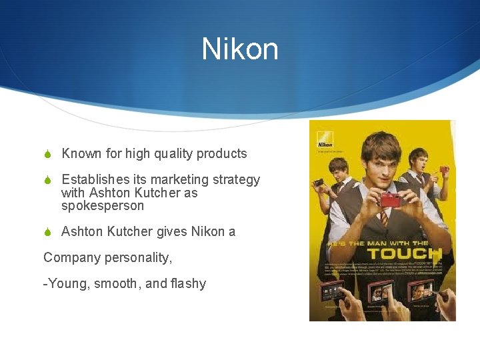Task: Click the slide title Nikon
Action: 240,49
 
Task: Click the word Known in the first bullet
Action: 81,153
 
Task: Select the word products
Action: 221,154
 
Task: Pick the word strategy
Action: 236,180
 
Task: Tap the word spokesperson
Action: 102,206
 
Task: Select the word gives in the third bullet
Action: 173,232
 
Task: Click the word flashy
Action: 187,283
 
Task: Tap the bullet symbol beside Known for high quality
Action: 48,154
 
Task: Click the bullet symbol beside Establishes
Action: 48,180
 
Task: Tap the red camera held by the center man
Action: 390,200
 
